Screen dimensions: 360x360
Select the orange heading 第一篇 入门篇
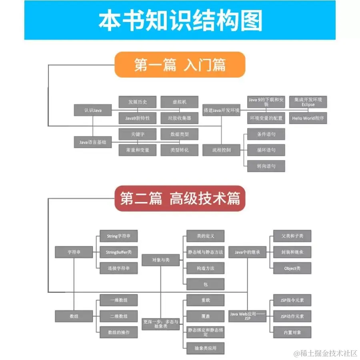tap(180, 64)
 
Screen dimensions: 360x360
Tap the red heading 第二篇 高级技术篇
tap(180, 198)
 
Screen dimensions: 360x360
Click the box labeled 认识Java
tap(92, 110)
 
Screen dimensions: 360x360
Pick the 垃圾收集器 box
tap(180, 118)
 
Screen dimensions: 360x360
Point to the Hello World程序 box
tap(308, 118)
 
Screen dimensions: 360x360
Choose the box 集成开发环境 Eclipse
tap(308, 102)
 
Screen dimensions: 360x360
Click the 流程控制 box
tap(221, 150)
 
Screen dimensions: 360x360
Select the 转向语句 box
tap(266, 166)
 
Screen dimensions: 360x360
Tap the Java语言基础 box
tap(92, 142)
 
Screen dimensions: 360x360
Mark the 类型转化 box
tap(180, 150)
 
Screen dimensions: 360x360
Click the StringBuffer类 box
tap(118, 252)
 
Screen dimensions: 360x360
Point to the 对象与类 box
tap(161, 260)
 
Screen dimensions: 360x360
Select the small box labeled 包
tap(205, 284)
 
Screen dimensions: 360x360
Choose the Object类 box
tap(292, 268)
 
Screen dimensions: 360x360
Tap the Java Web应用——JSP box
tap(247, 316)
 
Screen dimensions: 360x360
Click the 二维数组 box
tap(118, 316)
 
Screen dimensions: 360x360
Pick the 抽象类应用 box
tap(205, 348)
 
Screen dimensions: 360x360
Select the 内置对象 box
tap(292, 332)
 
